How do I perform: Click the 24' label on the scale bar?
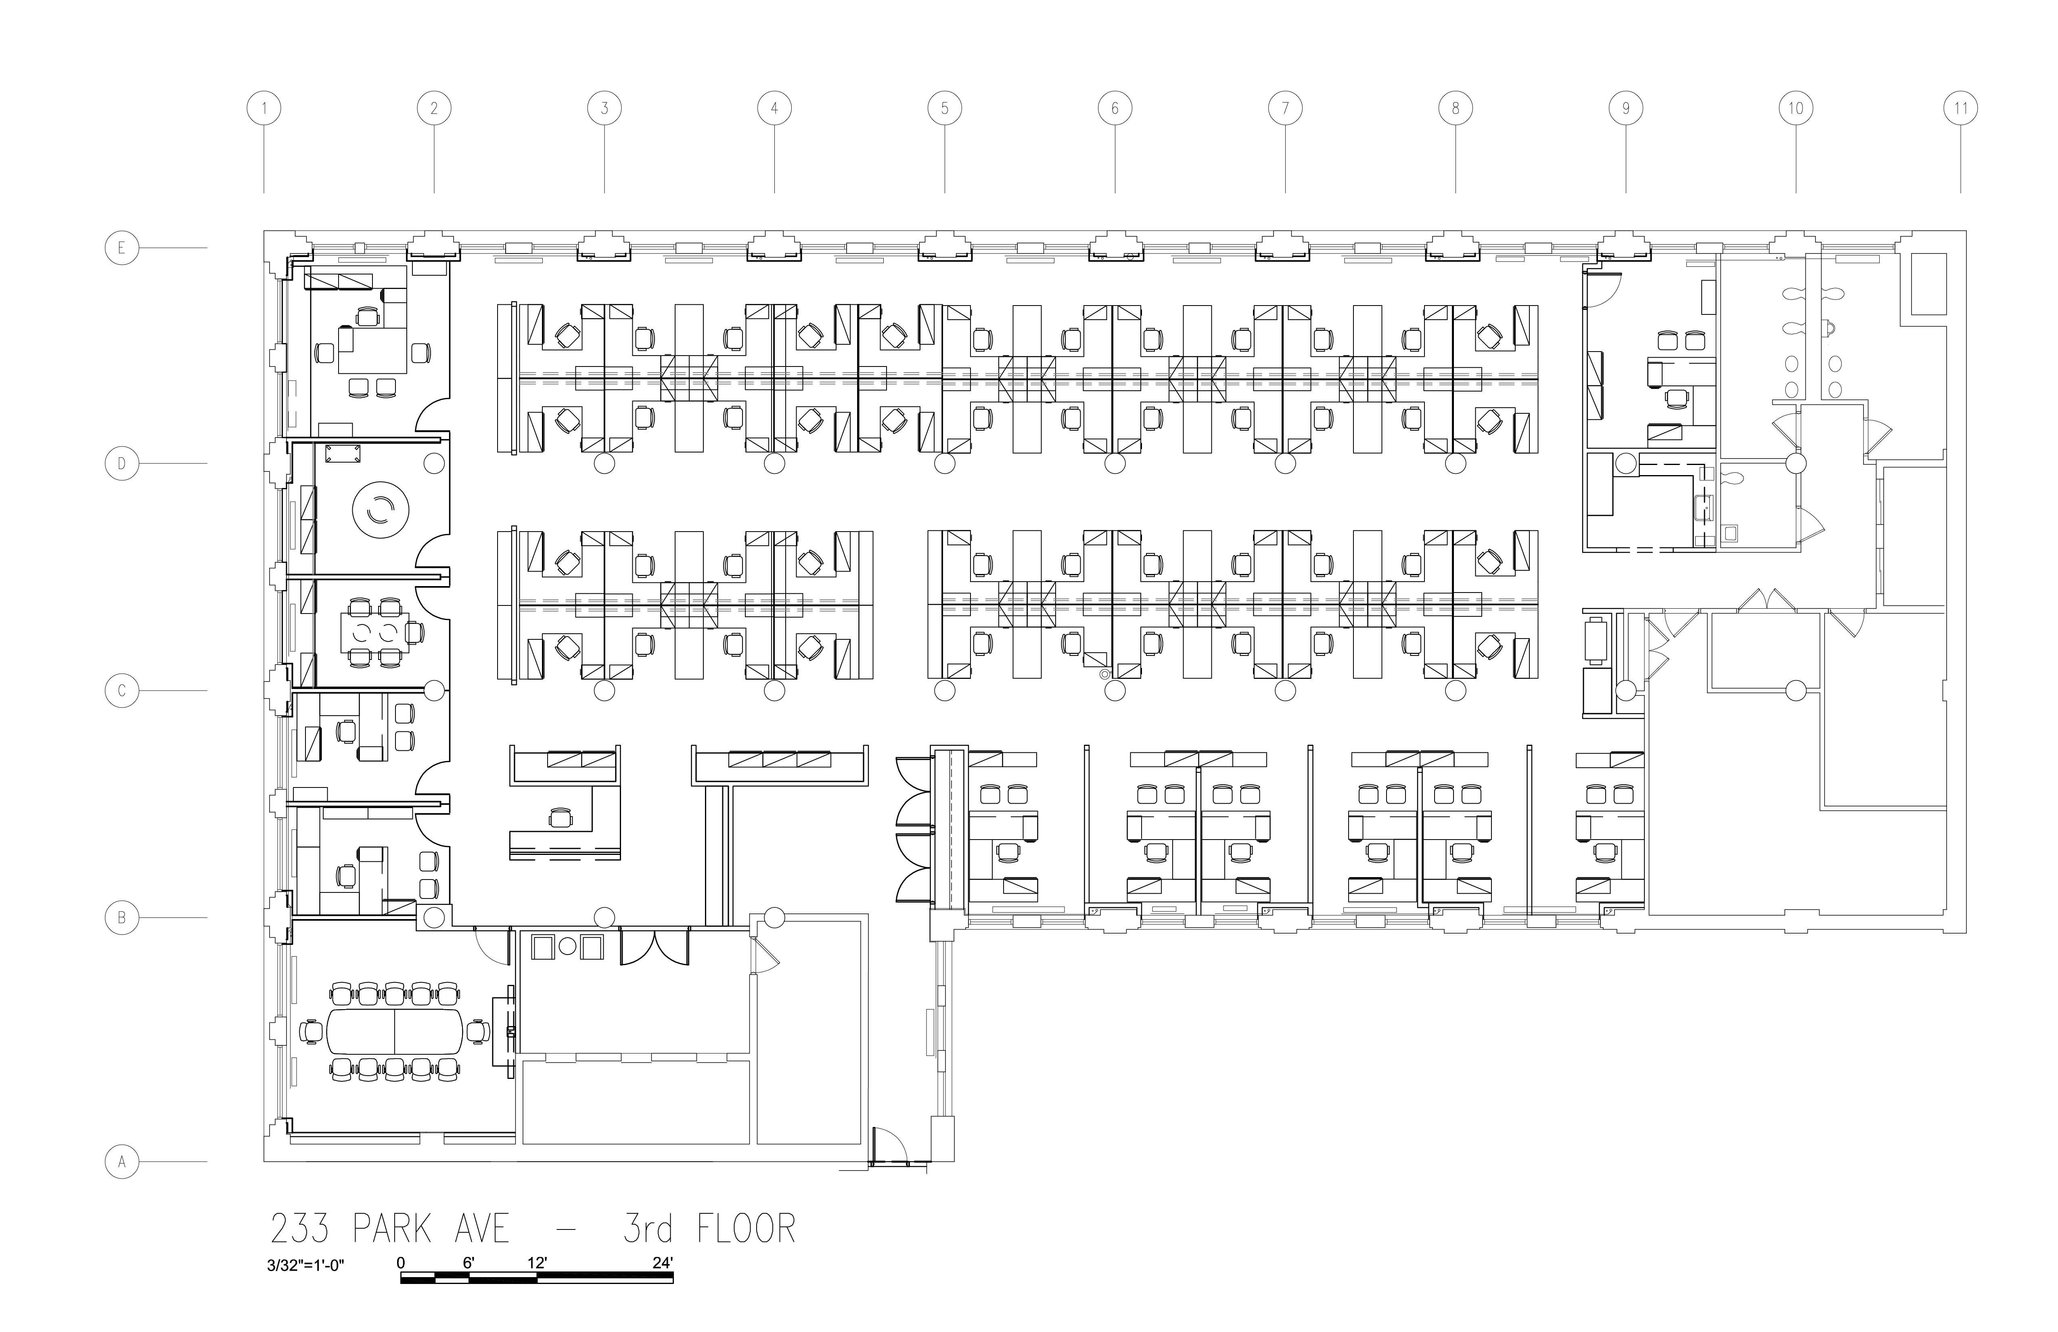tap(662, 1263)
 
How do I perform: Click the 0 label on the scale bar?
tap(401, 1263)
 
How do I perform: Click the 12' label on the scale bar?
tap(537, 1263)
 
